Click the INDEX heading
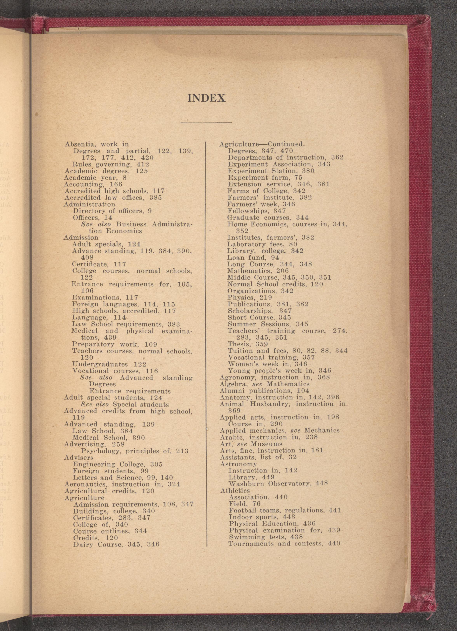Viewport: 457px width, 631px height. (206, 98)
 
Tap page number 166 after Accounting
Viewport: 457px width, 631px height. (116, 184)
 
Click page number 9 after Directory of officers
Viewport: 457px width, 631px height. (150, 211)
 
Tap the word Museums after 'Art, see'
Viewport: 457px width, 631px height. (266, 444)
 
